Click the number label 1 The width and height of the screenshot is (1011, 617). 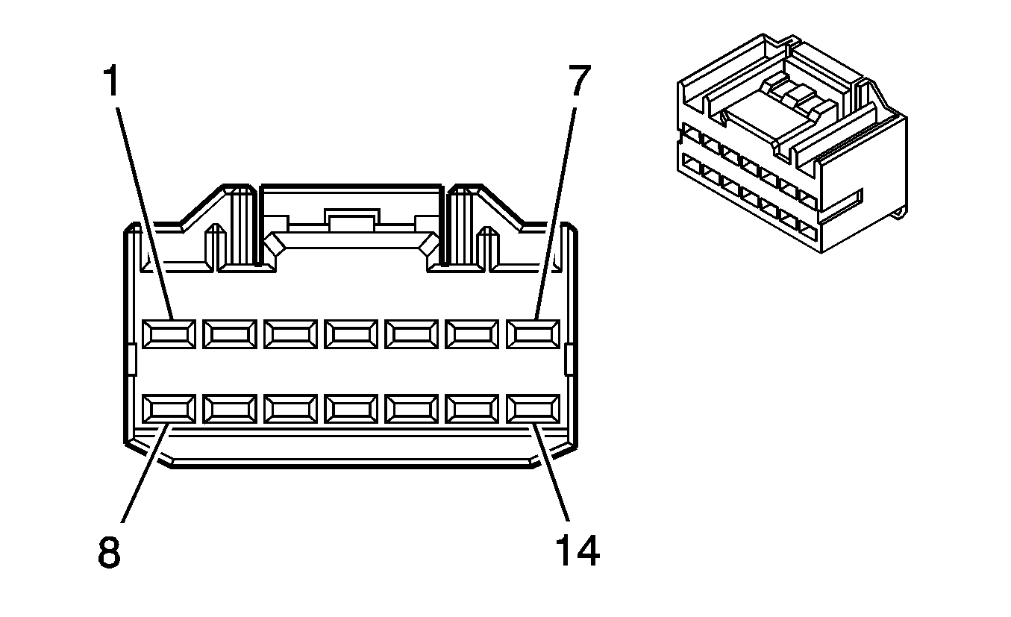click(110, 82)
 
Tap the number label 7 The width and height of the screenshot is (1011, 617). click(579, 82)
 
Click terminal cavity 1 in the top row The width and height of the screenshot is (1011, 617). click(169, 333)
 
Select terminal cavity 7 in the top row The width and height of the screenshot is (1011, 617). click(533, 333)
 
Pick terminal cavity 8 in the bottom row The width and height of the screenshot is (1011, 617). click(169, 409)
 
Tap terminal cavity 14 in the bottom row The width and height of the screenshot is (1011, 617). click(533, 409)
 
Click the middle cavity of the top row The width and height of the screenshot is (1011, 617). click(351, 333)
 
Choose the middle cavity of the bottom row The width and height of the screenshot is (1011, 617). click(351, 409)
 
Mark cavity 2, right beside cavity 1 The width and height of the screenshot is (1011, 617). click(229, 333)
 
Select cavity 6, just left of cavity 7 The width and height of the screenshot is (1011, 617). click(472, 333)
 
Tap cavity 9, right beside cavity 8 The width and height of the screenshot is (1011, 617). click(229, 409)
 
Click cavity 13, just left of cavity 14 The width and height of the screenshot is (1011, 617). click(472, 409)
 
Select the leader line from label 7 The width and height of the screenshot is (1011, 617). click(555, 209)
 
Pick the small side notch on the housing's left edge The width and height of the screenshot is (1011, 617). click(131, 359)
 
